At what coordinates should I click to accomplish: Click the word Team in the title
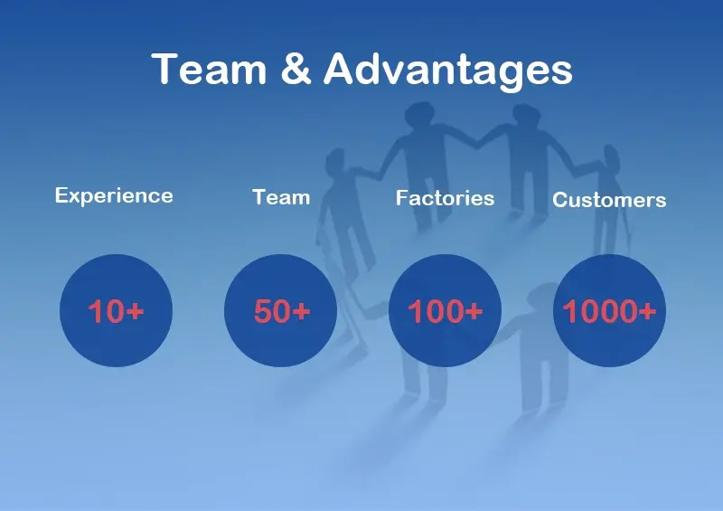[209, 69]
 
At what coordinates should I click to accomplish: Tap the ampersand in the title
[296, 69]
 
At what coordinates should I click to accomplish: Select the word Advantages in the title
[447, 72]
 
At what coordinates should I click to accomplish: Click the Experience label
[114, 196]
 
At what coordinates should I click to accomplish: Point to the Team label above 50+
[281, 197]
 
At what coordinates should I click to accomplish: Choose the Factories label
[445, 198]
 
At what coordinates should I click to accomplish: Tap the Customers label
[609, 200]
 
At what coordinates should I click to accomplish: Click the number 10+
[117, 310]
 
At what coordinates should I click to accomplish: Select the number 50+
[282, 310]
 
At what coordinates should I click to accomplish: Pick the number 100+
[446, 310]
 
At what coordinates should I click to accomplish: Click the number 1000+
[609, 310]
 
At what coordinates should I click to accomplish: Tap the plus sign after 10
[135, 310]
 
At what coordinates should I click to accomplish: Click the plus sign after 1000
[647, 310]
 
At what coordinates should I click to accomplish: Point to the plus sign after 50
[301, 310]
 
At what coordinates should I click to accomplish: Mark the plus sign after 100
[474, 310]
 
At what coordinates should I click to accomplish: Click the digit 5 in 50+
[262, 310]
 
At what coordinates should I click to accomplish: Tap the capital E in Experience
[61, 194]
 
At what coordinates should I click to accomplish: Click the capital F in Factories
[401, 197]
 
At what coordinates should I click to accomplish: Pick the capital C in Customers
[559, 200]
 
